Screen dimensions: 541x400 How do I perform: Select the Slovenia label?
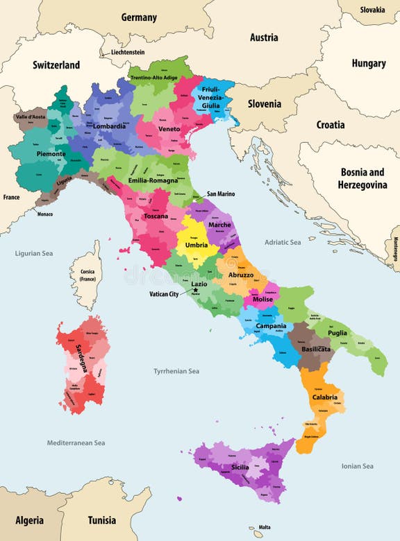(265, 103)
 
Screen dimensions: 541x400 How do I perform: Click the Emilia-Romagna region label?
(153, 180)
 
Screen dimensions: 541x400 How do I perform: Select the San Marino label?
(220, 194)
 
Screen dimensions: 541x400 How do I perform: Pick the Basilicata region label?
(316, 350)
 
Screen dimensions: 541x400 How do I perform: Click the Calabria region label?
(324, 397)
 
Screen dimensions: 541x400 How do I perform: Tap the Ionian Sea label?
(357, 466)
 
